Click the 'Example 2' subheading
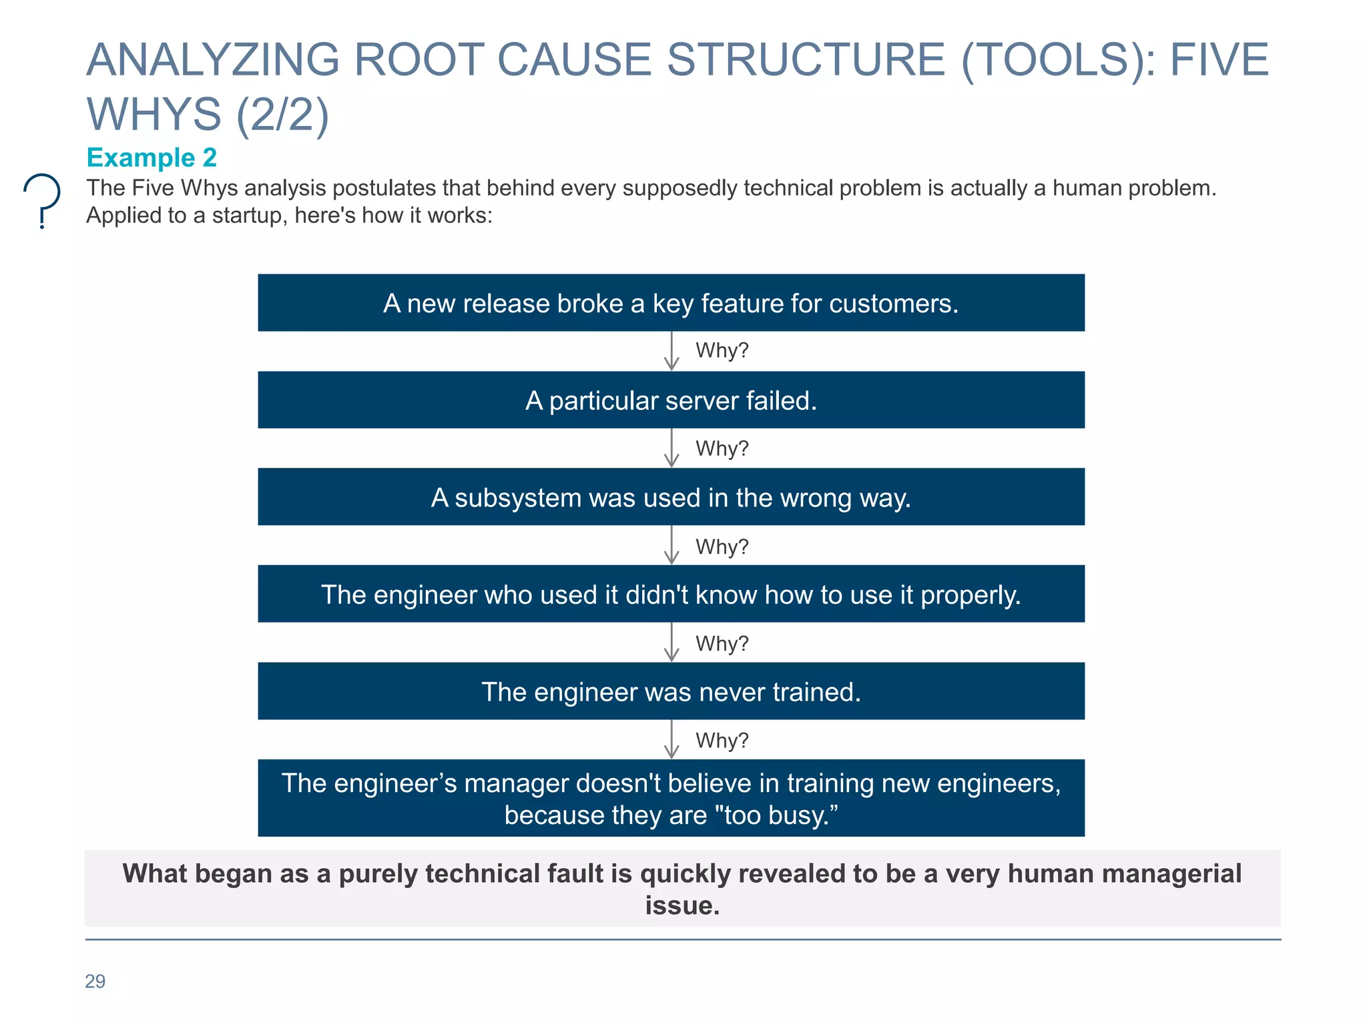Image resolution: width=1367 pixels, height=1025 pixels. pos(152,157)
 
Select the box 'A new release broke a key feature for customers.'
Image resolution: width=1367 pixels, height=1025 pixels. pos(671,303)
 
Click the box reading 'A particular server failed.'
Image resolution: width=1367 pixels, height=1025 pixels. pos(671,400)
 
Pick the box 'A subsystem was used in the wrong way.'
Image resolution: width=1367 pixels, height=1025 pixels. pos(671,497)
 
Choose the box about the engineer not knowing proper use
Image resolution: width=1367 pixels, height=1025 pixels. pos(671,594)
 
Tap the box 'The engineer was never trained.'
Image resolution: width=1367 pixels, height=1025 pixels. pos(671,691)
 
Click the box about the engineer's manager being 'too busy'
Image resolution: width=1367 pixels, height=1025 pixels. pos(671,798)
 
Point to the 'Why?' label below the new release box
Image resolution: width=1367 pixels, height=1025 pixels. pos(722,350)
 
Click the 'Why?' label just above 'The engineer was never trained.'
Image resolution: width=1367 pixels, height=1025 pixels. pos(722,643)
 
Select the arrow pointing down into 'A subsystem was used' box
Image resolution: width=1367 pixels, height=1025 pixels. pos(671,448)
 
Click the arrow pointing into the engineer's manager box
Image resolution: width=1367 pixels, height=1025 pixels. pos(671,740)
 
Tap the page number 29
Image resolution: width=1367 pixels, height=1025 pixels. pos(95,981)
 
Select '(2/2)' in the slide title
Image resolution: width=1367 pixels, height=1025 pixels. pos(283,115)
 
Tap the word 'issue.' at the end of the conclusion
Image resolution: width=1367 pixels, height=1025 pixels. pos(682,906)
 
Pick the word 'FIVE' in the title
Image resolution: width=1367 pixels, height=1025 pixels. pos(1219,60)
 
